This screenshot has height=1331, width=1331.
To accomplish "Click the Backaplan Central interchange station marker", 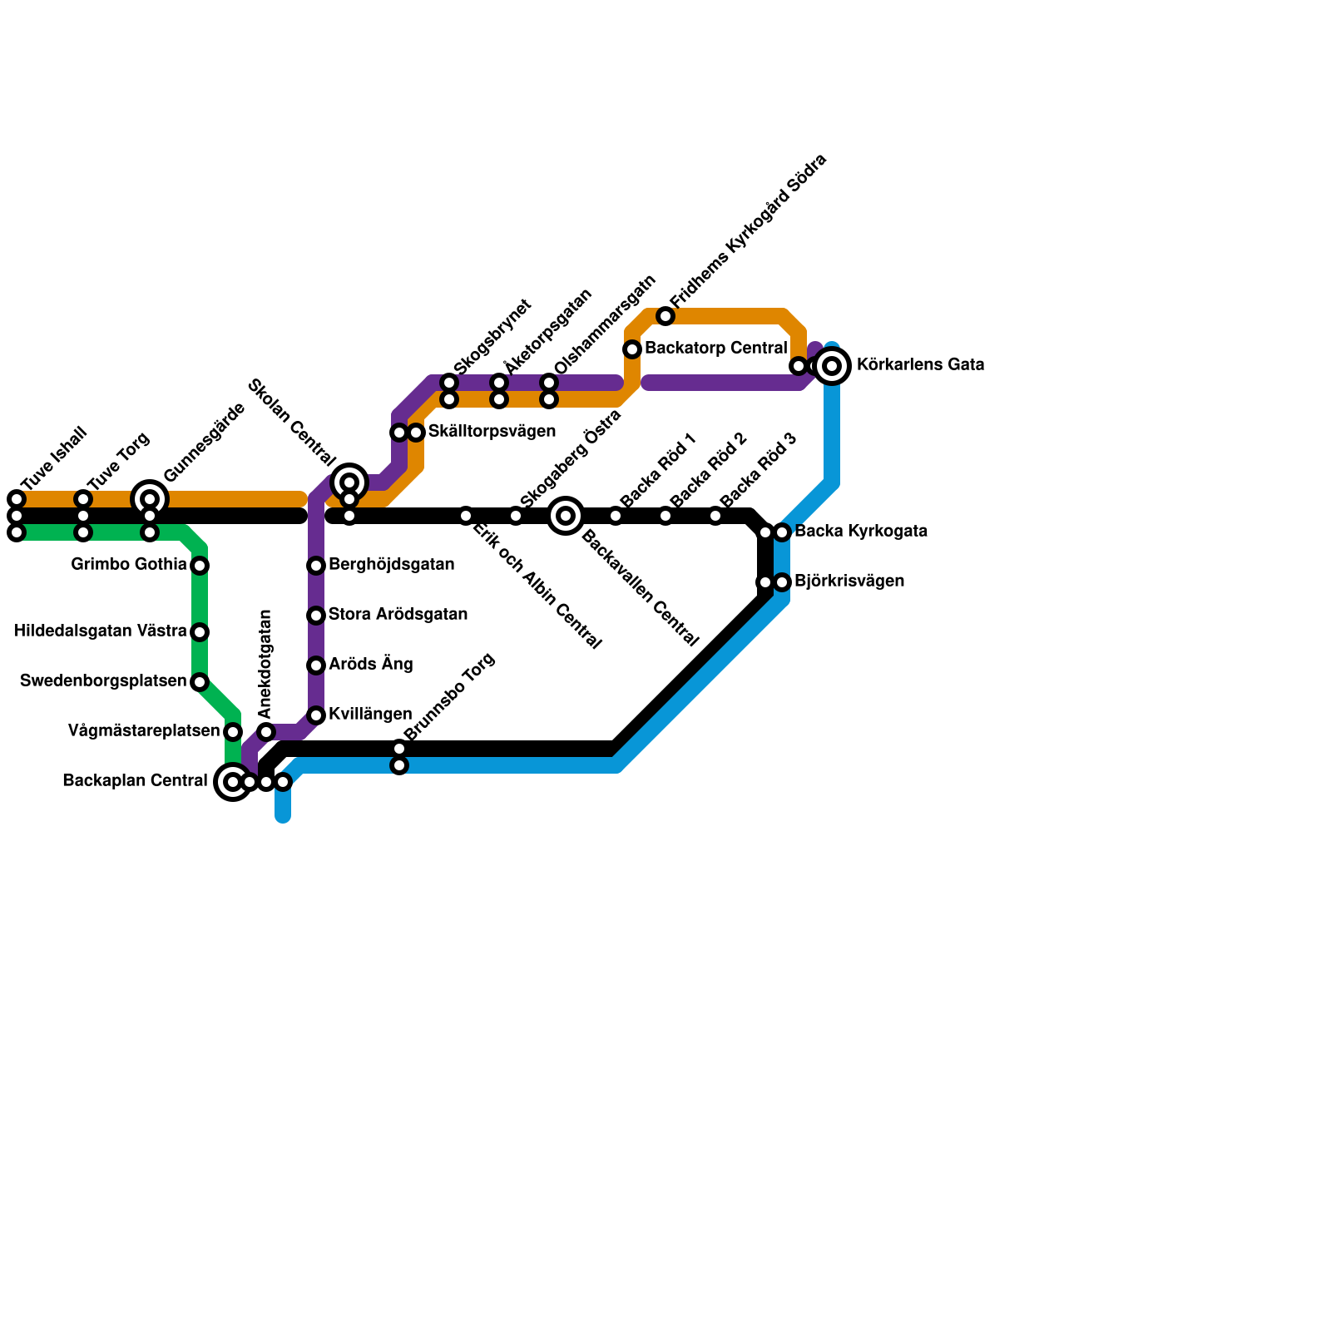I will [x=233, y=782].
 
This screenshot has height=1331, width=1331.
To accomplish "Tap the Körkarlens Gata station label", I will [x=920, y=365].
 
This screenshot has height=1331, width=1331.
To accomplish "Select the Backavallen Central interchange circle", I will [x=566, y=516].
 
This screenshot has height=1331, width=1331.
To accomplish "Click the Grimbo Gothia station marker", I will [x=200, y=566].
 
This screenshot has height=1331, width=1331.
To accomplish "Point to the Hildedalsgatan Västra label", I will [x=101, y=631].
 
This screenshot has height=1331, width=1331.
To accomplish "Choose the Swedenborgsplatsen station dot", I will [x=200, y=682].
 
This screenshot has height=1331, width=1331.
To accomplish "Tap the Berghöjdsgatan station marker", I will [x=316, y=566].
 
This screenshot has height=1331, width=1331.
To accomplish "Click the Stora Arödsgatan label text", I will [x=398, y=615].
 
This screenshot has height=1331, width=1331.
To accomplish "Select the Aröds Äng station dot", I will [x=316, y=665].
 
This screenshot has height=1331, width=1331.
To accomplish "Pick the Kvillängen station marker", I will [x=316, y=715].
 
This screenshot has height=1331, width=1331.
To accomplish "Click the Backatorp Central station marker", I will [x=632, y=349].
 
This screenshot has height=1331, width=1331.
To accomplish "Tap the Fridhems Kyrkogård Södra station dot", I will [x=665, y=316].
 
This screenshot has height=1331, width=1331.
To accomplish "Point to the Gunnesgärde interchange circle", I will [x=150, y=499].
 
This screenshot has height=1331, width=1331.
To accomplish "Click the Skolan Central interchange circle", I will [x=349, y=482].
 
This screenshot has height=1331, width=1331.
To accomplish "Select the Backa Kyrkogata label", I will [x=860, y=532].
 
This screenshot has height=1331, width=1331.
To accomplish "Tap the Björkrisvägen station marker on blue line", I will [x=782, y=582].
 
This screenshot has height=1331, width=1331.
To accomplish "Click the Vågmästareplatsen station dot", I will [x=233, y=732].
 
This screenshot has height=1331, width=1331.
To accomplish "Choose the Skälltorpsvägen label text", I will [x=492, y=432].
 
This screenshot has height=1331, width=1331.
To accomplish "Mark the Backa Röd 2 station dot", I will [x=665, y=516].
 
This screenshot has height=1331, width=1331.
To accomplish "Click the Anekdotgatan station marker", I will [x=266, y=732].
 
